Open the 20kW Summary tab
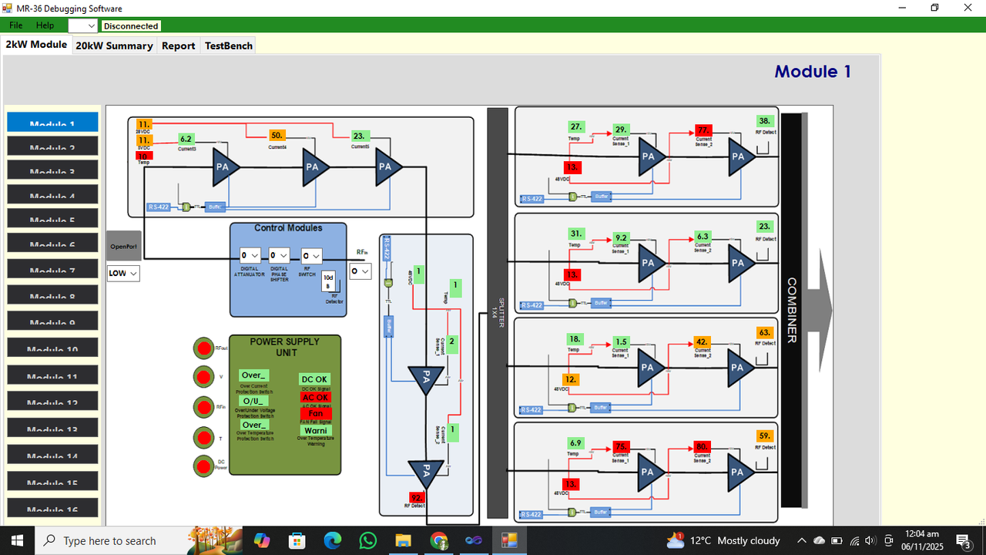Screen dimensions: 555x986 [x=114, y=45]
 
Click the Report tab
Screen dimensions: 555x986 [x=178, y=45]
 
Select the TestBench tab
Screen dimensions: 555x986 [x=228, y=45]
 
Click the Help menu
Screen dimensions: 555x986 [x=45, y=25]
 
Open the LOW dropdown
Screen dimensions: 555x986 [x=123, y=273]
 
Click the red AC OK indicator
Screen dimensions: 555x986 [x=315, y=398]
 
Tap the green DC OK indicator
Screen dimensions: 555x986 [x=314, y=379]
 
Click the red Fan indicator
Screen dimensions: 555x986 [x=315, y=414]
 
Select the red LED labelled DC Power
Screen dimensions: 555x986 [x=203, y=466]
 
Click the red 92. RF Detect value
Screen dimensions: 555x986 [x=417, y=497]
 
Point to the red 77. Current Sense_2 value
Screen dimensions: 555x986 [x=703, y=130]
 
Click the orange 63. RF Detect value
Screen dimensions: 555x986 [x=764, y=332]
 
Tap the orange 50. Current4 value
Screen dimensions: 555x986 [x=277, y=136]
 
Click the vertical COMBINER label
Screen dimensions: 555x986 [x=791, y=310]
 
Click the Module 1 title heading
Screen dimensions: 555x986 [x=812, y=72]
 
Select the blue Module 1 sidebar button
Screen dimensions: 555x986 [x=52, y=123]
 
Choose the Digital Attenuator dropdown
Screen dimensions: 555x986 [x=250, y=255]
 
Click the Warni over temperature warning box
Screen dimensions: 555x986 [x=315, y=431]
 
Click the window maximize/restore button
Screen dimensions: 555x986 [x=934, y=8]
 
